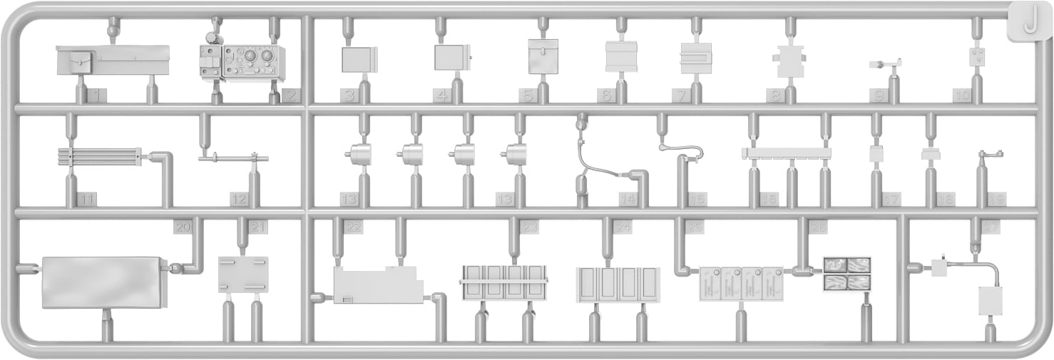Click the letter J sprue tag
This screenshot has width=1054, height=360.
[1028, 24]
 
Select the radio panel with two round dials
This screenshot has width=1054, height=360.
[254, 62]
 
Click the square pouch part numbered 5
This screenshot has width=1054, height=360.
[543, 57]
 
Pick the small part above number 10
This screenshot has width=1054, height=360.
[977, 57]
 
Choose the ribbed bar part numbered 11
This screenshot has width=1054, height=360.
[99, 156]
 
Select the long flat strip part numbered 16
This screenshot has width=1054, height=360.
[787, 153]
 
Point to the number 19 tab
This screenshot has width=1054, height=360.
[996, 200]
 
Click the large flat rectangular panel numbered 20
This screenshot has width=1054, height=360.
[104, 282]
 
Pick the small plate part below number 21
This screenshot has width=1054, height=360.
[243, 274]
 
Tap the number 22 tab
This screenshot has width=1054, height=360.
[352, 227]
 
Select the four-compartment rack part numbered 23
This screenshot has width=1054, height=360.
[503, 282]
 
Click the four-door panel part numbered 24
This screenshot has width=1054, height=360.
[618, 284]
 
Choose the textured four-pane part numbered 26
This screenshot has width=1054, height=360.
[846, 274]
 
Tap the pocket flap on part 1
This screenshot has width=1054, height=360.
[80, 62]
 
